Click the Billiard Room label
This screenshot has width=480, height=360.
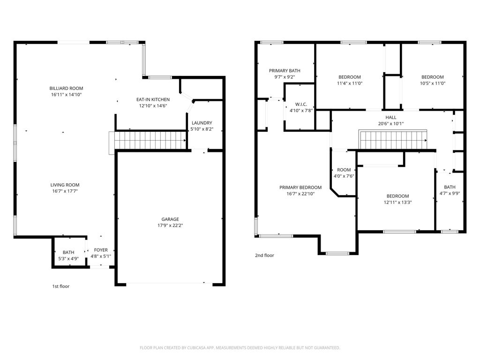click(66, 88)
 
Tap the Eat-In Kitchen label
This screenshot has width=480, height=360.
click(153, 99)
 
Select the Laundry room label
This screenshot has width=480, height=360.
click(202, 123)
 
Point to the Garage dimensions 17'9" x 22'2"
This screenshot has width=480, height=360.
click(171, 225)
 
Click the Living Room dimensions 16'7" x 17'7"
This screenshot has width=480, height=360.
click(65, 191)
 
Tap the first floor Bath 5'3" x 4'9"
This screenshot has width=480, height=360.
click(68, 255)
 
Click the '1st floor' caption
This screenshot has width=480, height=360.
click(60, 286)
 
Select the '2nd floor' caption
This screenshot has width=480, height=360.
click(264, 255)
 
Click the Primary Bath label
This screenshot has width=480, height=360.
click(285, 71)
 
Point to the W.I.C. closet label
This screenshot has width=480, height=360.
click(301, 104)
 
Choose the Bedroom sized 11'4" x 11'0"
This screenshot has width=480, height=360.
click(350, 80)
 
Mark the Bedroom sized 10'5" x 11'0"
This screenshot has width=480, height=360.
click(432, 80)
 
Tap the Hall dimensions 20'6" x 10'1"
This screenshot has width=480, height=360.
click(391, 124)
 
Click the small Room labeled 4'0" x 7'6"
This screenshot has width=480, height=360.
click(344, 173)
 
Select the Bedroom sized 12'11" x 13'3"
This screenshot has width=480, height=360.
click(397, 199)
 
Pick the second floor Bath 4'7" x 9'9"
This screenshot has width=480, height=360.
click(450, 190)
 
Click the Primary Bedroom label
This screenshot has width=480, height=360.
click(300, 187)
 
